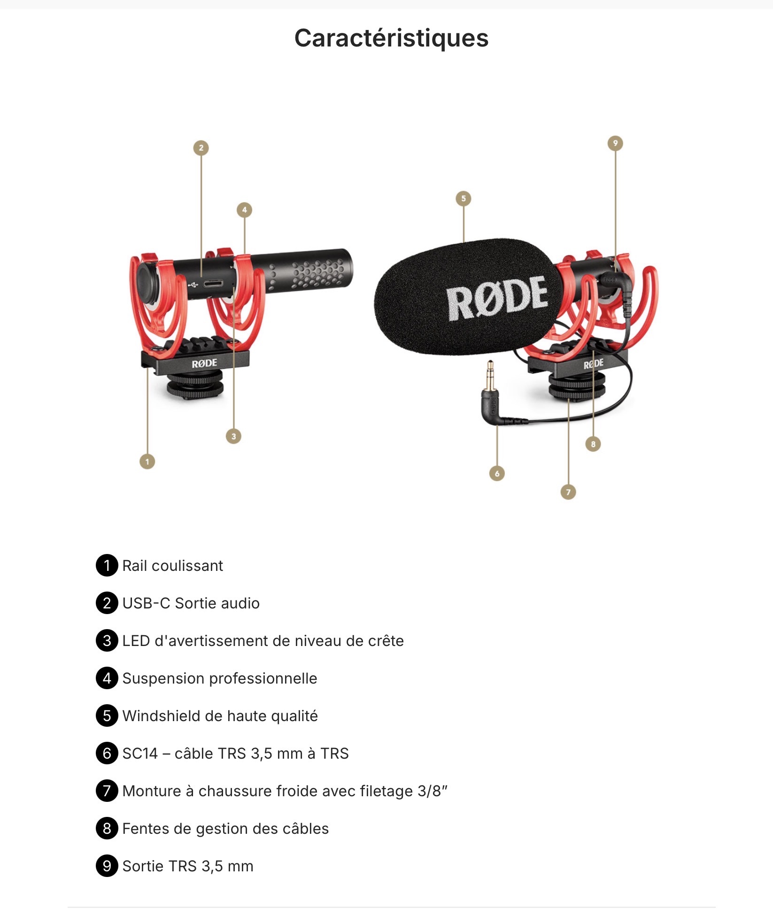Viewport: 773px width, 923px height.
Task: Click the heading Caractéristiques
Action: [x=391, y=38]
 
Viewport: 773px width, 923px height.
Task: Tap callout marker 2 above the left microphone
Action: [x=201, y=148]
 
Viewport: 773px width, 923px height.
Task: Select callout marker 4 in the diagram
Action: [x=244, y=210]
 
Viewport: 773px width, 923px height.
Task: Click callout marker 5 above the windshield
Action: [x=464, y=199]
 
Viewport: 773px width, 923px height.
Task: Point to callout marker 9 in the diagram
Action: [x=615, y=143]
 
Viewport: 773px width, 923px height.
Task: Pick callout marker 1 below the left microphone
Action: [x=147, y=461]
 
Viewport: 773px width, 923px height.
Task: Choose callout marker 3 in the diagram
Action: [x=233, y=436]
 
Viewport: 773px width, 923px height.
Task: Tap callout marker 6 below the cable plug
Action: [x=497, y=473]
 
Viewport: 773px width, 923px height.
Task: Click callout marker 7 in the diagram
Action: [x=568, y=492]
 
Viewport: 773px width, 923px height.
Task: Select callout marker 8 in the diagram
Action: [x=593, y=444]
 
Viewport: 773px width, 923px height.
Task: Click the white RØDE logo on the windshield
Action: [x=496, y=298]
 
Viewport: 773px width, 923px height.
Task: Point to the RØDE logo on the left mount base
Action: [x=204, y=363]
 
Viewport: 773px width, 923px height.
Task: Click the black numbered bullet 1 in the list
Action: [x=107, y=565]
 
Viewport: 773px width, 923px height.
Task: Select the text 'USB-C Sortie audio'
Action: [x=191, y=603]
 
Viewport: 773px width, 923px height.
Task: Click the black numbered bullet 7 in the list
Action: [x=107, y=791]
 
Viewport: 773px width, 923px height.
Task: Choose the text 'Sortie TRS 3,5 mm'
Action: [x=187, y=866]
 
